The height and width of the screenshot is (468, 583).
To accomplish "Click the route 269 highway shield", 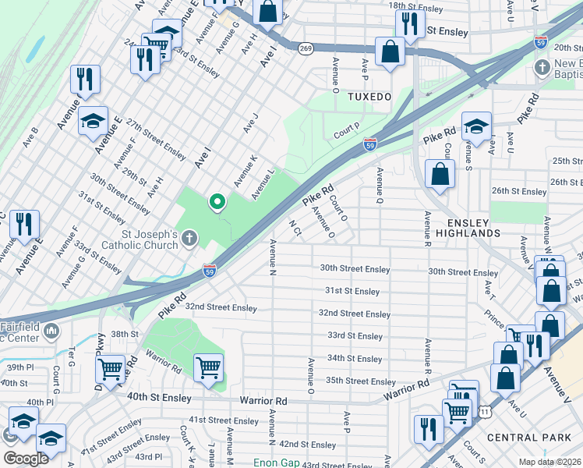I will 306,48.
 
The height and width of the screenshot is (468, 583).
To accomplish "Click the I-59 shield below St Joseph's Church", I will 210,270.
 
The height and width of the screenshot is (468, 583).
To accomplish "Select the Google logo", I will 25,459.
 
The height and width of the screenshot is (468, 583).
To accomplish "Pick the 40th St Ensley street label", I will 159,397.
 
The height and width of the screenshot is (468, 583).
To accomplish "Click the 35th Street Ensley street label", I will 361,381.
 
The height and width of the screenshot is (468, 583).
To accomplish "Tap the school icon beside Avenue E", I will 93,121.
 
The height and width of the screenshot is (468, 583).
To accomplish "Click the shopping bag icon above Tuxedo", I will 390,52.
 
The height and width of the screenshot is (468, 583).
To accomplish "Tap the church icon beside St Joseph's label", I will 191,240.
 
